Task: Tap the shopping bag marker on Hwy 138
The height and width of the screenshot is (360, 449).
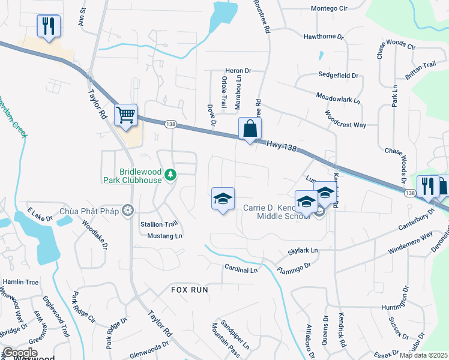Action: [250, 128]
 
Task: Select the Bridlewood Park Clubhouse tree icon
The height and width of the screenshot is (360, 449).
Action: [171, 175]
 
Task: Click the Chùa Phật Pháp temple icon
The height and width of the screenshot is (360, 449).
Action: [127, 211]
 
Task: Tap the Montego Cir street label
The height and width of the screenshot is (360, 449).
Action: [330, 8]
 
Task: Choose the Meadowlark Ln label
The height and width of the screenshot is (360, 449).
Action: [338, 97]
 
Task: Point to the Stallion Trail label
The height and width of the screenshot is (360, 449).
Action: [159, 224]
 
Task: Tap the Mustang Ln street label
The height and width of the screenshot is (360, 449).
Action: [164, 236]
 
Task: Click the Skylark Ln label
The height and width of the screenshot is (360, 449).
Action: [303, 250]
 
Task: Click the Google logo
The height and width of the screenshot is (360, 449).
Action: [20, 353]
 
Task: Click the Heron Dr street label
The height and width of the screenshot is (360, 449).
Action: [237, 71]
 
